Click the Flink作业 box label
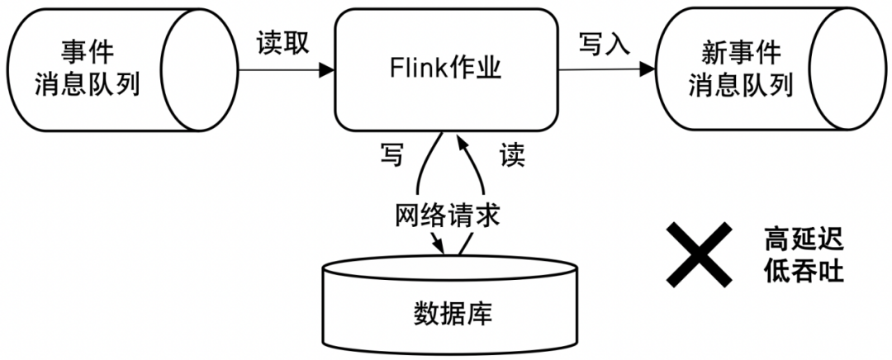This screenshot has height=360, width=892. (x=445, y=69)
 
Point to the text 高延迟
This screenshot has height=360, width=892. (x=804, y=240)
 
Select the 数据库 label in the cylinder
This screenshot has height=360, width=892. (x=451, y=315)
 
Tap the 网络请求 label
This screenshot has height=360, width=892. (x=447, y=216)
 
